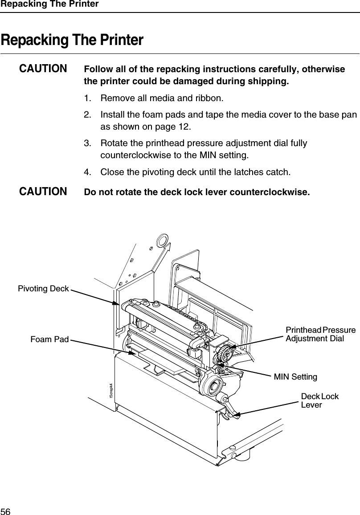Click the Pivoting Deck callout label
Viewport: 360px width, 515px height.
(x=43, y=289)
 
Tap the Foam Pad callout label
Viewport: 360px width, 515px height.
(x=49, y=340)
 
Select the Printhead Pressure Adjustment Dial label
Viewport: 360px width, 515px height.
(x=320, y=334)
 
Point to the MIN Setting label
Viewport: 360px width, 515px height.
(x=295, y=377)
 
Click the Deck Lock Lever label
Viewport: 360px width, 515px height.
(x=319, y=401)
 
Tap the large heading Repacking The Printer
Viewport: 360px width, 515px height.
(x=72, y=40)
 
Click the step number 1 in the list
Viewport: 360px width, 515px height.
(x=87, y=98)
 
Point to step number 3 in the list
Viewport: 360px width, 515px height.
(x=87, y=144)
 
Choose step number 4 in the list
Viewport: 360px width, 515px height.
(x=87, y=172)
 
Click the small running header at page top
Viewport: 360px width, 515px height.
(x=49, y=4)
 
